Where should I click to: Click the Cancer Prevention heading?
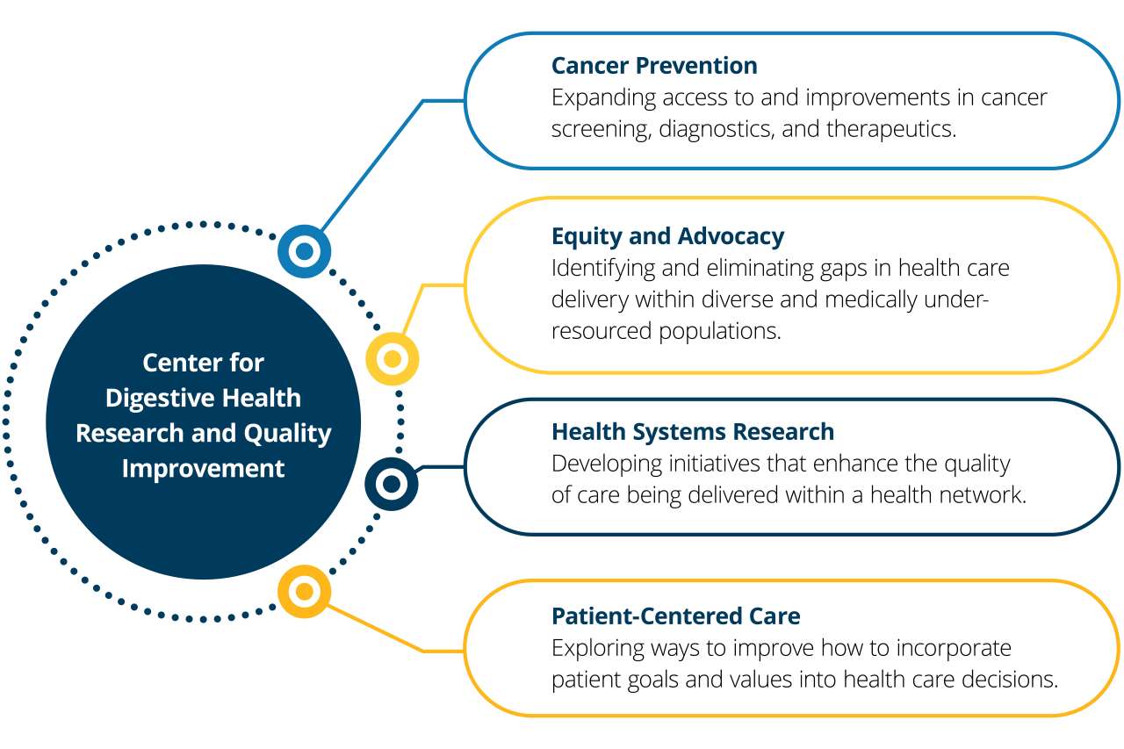coord(654,66)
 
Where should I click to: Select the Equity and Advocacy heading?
coord(667,236)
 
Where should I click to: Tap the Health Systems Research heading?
coord(693,432)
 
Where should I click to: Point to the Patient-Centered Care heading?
coord(675,616)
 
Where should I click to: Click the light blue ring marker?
coord(304,252)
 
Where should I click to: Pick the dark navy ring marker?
coord(392,484)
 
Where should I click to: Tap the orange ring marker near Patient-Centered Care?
coord(304,591)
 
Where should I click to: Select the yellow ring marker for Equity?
coord(393,358)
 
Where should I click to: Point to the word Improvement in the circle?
coord(203,469)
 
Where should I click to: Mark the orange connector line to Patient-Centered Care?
coord(378,629)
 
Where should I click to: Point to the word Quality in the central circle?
coord(288,434)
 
